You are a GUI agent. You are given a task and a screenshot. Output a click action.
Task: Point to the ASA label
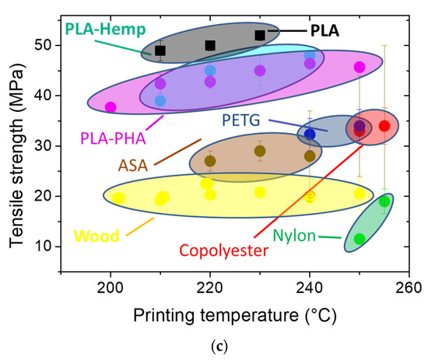134,164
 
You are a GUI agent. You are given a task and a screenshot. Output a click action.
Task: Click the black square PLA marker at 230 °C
260,35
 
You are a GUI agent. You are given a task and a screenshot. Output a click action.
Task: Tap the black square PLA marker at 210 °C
160,51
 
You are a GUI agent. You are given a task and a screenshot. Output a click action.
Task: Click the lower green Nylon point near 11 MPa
360,239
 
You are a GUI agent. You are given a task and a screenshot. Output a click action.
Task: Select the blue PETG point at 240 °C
310,135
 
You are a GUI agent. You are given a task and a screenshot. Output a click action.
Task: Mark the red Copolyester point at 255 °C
384,126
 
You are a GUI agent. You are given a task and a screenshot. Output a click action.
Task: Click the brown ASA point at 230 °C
260,151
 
